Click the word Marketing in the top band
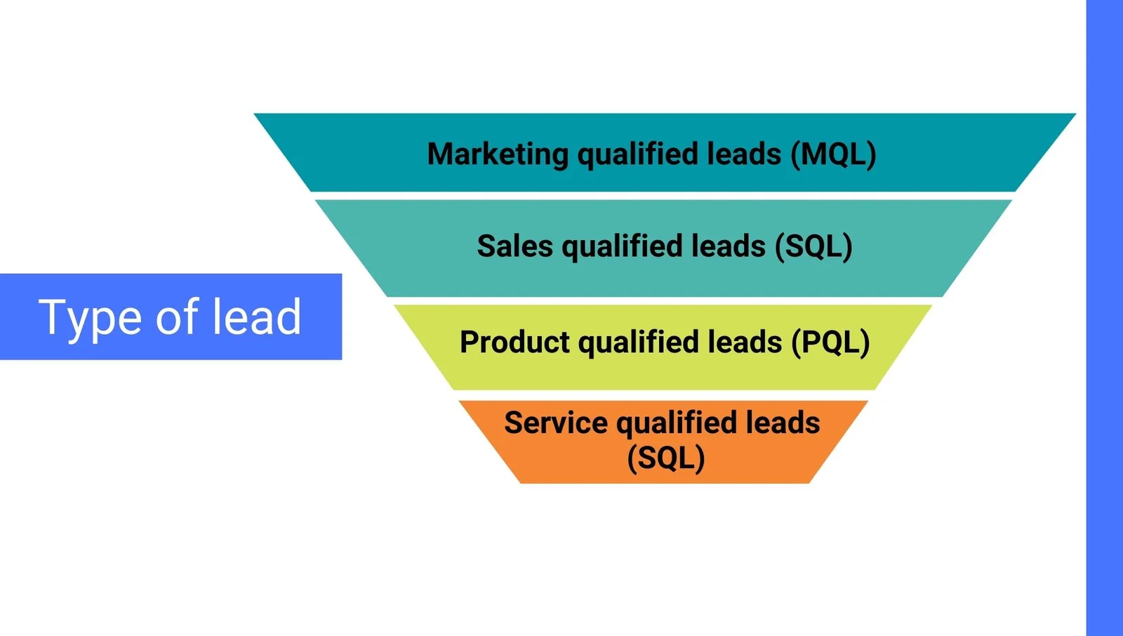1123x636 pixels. [x=498, y=154]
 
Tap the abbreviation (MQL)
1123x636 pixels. [x=833, y=154]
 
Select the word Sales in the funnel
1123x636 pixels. [x=515, y=246]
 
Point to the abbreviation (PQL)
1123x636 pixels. [x=831, y=342]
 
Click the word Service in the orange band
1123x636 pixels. [x=555, y=423]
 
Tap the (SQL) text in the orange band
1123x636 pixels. [x=666, y=458]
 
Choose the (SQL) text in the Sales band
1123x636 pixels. [x=813, y=246]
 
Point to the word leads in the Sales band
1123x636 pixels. [x=729, y=246]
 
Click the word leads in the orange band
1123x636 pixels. [x=783, y=423]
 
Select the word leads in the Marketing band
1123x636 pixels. [x=744, y=154]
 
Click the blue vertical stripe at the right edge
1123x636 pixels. [x=1105, y=318]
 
